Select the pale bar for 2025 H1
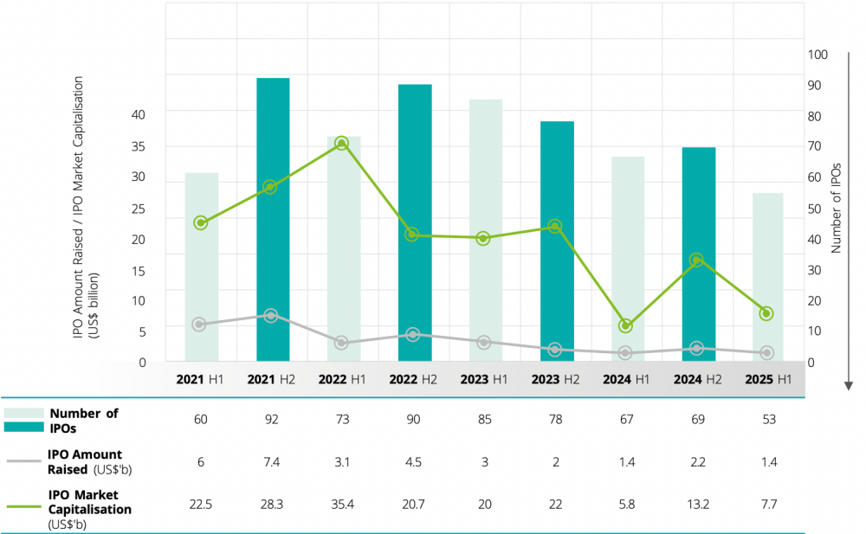pos(767,277)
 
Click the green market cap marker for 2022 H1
pos(341,144)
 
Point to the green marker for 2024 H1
pos(625,326)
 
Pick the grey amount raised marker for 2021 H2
pos(271,316)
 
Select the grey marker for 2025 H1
pos(766,353)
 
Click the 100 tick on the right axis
pos(818,55)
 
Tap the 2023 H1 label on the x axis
pos(483,379)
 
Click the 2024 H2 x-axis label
pos(697,379)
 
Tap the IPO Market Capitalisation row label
pos(90,503)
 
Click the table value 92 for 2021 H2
pos(272,420)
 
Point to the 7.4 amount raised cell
pos(272,461)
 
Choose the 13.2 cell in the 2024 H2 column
pos(697,503)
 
